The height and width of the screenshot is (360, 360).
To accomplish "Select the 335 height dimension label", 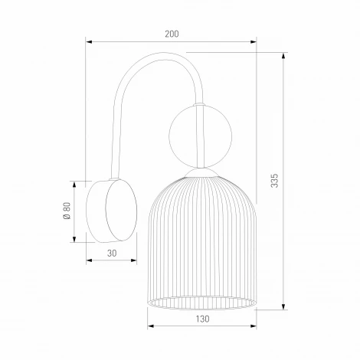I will tap(275, 180).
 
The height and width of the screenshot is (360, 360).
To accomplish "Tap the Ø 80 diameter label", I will tap(67, 212).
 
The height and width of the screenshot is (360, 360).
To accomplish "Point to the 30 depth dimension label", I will tap(113, 252).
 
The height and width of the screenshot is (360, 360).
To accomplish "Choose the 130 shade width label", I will tap(201, 318).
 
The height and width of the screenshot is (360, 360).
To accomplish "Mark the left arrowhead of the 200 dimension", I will tap(89, 41).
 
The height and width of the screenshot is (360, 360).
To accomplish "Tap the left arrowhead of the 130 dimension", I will tap(150, 326).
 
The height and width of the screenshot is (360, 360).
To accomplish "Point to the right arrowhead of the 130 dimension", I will tap(253, 326).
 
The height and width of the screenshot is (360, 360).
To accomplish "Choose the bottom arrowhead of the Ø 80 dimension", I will tap(75, 239).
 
